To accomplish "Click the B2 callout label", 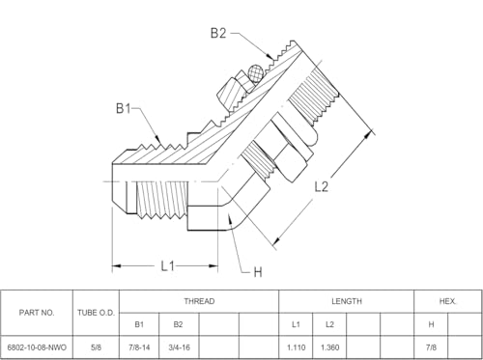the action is [218, 33].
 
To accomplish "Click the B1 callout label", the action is [124, 108].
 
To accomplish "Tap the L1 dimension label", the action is [168, 266].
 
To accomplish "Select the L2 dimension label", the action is [321, 186].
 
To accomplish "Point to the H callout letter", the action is [258, 272].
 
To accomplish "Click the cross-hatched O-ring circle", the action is [256, 74].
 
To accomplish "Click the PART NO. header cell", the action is [37, 313].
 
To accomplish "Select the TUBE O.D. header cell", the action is [96, 313].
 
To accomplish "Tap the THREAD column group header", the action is [199, 301].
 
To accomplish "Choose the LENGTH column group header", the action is [347, 301].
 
